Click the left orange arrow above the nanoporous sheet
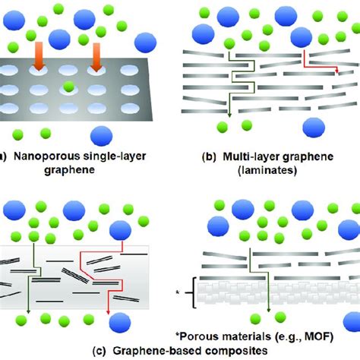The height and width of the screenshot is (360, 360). (x=37, y=58)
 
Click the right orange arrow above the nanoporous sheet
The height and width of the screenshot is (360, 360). (x=96, y=58)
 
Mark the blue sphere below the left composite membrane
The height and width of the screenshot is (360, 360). (x=119, y=325)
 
